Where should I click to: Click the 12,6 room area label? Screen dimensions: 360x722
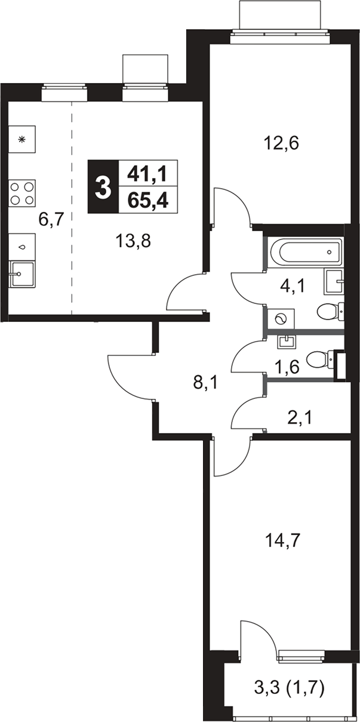point(281,143)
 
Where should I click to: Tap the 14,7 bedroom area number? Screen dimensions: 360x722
point(282,540)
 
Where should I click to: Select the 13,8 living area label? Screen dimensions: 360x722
point(133,241)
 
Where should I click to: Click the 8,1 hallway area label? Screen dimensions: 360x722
point(206,383)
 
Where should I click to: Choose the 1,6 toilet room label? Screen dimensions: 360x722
point(287,367)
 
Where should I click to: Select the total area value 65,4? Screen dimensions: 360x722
point(148,201)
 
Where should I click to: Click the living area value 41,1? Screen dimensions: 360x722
point(148,174)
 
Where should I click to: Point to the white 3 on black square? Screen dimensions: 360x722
point(103,187)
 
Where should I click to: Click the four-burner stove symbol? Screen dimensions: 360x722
point(22,193)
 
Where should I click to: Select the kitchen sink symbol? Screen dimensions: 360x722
point(22,274)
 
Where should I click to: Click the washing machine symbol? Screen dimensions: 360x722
point(281,319)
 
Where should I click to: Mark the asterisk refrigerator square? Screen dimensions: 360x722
point(22,139)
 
